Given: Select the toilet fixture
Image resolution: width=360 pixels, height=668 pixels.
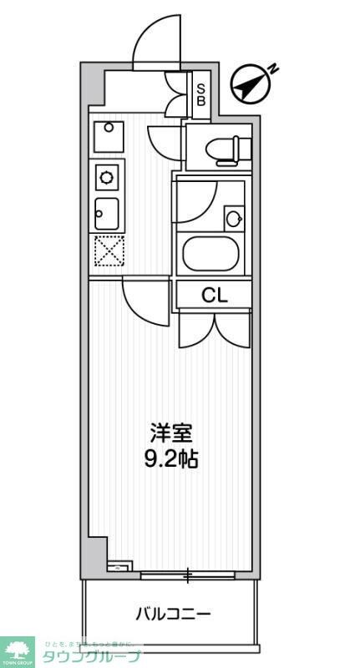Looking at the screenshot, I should click(230, 148).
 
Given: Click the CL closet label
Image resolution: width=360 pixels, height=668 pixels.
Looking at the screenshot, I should click(213, 294).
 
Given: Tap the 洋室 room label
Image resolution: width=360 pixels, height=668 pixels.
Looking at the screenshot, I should click(171, 433).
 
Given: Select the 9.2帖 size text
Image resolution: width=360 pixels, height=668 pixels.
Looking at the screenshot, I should click(171, 458).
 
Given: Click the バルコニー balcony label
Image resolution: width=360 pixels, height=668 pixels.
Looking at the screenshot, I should click(173, 615).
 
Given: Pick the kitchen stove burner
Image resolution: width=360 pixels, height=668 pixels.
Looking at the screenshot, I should click(108, 176).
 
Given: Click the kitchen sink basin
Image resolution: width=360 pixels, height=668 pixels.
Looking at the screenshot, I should click(107, 213).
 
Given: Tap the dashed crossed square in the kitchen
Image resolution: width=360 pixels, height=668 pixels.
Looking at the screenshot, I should click(108, 250).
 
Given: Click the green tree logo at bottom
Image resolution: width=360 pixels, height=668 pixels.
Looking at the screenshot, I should click(17, 650).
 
